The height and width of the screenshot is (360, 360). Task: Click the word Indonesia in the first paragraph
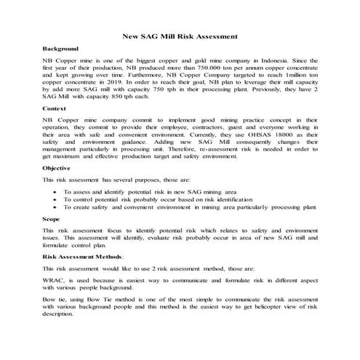click(x=297, y=60)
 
